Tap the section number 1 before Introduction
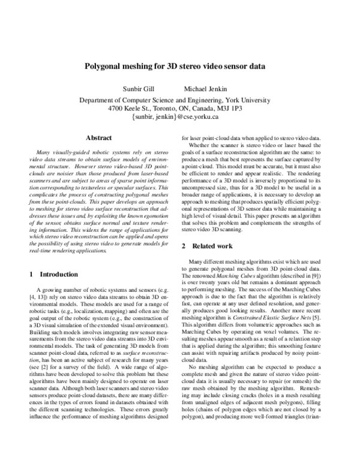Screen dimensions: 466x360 (x=31, y=274)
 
